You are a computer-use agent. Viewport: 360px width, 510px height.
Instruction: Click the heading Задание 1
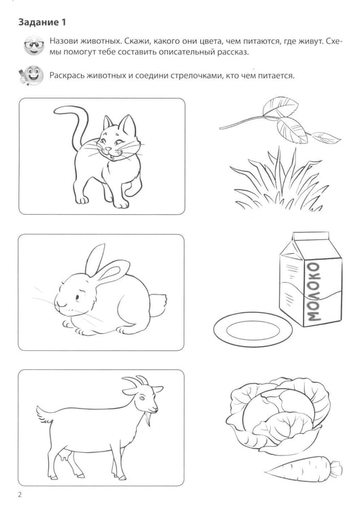(x=42, y=22)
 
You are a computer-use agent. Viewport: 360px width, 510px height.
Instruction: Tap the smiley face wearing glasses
(x=34, y=46)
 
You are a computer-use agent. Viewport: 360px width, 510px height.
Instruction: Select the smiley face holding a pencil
(x=31, y=75)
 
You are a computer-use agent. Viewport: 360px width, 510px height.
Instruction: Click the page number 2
(x=20, y=495)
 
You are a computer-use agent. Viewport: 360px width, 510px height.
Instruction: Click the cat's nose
(x=108, y=150)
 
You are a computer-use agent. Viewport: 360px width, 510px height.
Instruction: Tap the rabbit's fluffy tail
(x=158, y=304)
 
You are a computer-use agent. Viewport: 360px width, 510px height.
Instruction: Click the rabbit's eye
(x=79, y=296)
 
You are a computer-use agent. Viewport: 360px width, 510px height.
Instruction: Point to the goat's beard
(x=149, y=419)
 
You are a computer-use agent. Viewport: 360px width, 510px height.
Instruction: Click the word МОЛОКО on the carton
(x=314, y=292)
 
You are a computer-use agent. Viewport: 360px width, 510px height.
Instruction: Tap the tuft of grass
(x=279, y=184)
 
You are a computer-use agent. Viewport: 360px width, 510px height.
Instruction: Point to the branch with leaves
(x=280, y=122)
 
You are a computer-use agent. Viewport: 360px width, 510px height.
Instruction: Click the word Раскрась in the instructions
(x=65, y=75)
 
